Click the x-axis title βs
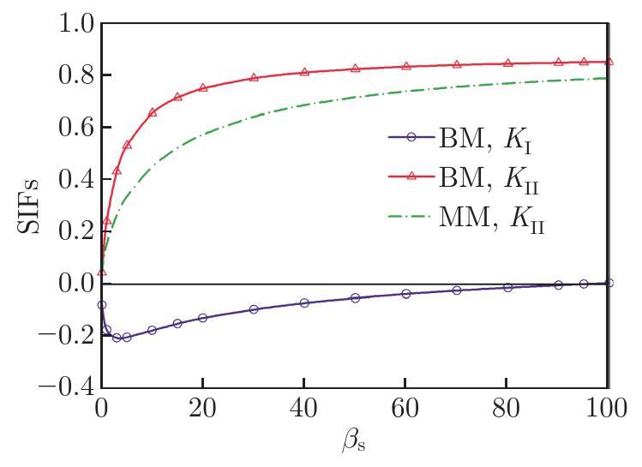[x=353, y=440]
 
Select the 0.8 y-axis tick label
[x=76, y=75]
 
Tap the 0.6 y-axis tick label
[x=76, y=128]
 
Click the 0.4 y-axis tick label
[x=76, y=179]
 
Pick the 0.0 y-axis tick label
[x=76, y=284]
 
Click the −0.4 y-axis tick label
[x=67, y=387]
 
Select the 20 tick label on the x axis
[x=202, y=408]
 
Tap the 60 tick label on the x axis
[x=405, y=408]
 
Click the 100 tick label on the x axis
[x=606, y=408]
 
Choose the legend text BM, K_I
[x=485, y=140]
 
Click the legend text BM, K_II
[x=489, y=180]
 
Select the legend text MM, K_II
[x=492, y=219]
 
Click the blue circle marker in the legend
[x=411, y=137]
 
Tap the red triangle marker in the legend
[x=411, y=176]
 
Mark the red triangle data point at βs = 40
[x=304, y=72]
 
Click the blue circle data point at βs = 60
[x=405, y=293]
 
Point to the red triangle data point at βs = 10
[x=153, y=112]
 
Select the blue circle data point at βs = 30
[x=254, y=309]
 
